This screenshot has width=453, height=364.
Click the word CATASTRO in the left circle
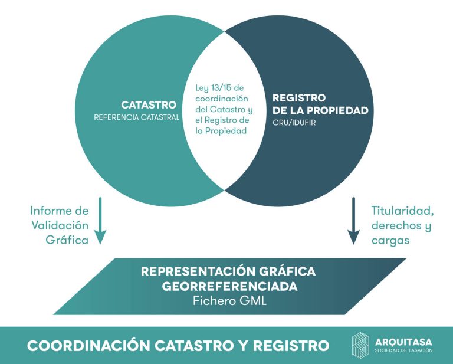(x=149, y=105)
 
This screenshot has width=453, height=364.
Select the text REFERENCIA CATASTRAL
(x=136, y=117)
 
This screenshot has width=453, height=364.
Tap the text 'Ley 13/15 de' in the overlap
(x=224, y=88)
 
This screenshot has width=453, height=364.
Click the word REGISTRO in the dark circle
(x=299, y=98)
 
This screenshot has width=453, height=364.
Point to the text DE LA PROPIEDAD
(x=320, y=110)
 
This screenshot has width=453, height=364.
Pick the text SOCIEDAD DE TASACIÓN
(x=403, y=350)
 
